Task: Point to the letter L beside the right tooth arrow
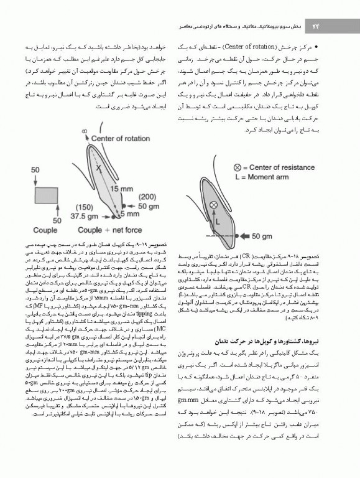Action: tap(218, 220)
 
